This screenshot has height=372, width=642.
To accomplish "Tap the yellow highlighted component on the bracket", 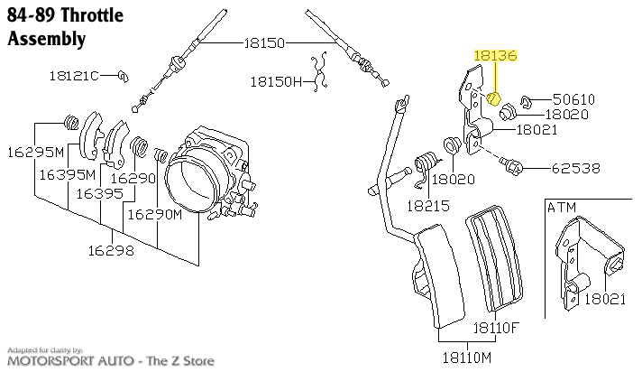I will [x=493, y=98].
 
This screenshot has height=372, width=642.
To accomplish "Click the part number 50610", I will [x=574, y=98].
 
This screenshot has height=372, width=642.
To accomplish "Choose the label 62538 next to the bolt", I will [x=550, y=167].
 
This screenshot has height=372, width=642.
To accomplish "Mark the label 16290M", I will [x=155, y=214].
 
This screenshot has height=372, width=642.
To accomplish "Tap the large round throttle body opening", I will [x=197, y=177].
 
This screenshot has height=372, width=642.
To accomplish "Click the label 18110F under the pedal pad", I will [x=497, y=327].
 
